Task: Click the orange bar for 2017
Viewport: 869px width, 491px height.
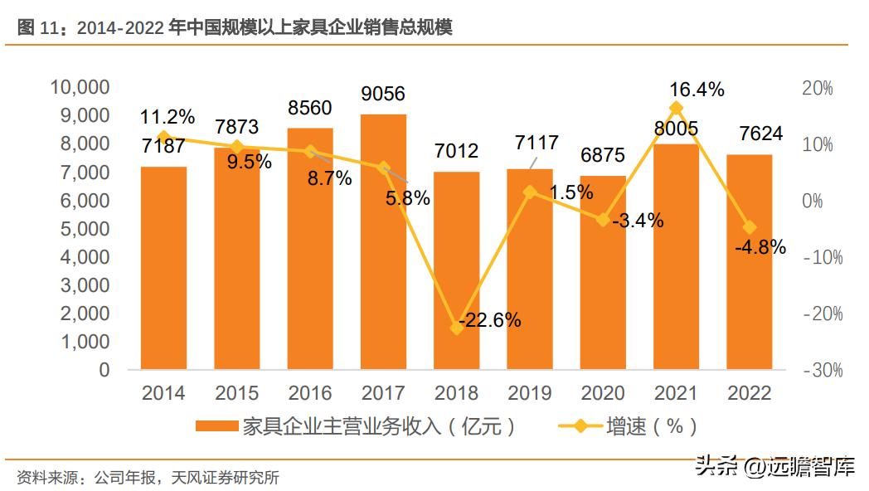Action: click(383, 249)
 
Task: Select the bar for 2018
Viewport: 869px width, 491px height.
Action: click(456, 274)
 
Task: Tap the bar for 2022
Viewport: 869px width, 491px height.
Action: click(749, 265)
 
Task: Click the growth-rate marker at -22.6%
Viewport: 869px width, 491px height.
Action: click(456, 328)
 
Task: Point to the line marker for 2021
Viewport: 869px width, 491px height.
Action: click(676, 108)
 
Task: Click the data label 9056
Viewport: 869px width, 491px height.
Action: click(383, 94)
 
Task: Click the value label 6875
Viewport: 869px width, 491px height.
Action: click(603, 155)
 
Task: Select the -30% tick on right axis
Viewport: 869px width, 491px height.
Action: click(823, 371)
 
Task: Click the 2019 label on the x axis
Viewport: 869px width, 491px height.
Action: click(529, 393)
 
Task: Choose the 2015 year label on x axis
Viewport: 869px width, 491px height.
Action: click(236, 393)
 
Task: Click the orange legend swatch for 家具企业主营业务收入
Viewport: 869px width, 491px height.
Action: click(217, 426)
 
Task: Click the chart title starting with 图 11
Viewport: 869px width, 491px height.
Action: click(234, 27)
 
